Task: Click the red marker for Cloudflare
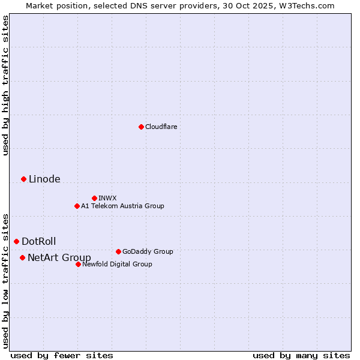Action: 141,127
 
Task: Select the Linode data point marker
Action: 23,179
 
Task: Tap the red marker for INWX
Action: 94,198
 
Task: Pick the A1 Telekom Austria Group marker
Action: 77,206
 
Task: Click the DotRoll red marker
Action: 17,241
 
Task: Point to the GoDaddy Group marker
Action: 118,251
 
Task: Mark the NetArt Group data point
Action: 22,257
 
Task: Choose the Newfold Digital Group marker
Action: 78,264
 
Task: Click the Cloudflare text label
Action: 161,127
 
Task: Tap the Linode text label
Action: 44,179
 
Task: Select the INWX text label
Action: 107,198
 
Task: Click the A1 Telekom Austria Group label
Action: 122,206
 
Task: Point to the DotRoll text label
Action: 39,241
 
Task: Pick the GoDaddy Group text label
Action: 148,251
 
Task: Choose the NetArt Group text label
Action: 59,257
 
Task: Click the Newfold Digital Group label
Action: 117,264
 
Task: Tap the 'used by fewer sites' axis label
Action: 62,355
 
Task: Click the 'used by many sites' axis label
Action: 301,355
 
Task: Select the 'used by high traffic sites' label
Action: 5,85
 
